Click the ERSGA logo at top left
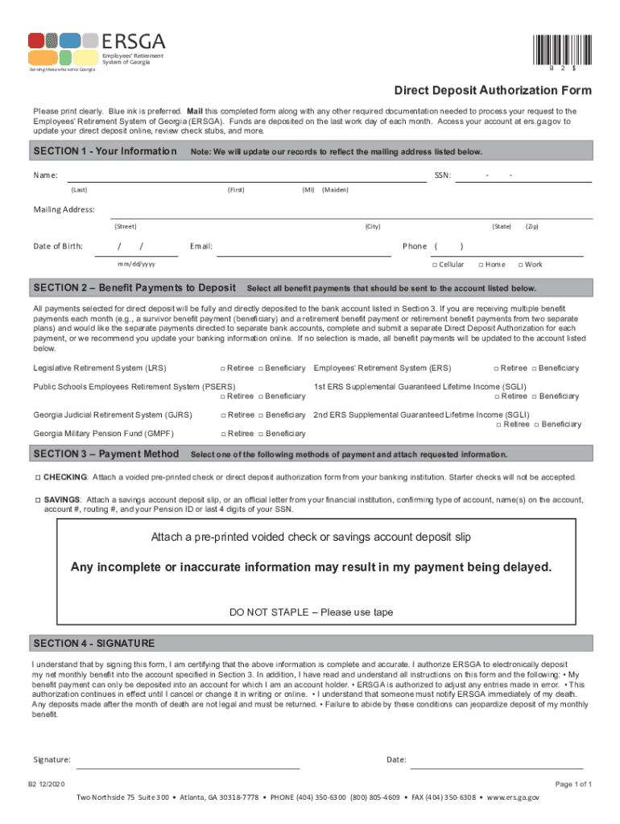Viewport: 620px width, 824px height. [97, 49]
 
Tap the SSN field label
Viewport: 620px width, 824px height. [442, 175]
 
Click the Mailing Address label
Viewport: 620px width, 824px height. [64, 210]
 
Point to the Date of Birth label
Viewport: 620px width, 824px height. [58, 246]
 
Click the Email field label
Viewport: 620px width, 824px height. [200, 246]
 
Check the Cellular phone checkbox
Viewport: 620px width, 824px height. [434, 265]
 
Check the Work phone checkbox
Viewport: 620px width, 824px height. [520, 265]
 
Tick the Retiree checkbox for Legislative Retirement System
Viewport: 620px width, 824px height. [223, 369]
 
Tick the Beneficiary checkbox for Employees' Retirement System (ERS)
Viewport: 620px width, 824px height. [532, 369]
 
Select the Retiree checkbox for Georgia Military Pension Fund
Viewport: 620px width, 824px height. [223, 434]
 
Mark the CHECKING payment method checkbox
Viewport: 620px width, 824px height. [37, 477]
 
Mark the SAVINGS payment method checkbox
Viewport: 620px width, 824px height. [37, 500]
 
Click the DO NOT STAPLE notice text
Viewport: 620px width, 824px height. [311, 612]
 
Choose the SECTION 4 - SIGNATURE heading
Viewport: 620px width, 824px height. [93, 644]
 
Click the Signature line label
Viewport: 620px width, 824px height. [52, 760]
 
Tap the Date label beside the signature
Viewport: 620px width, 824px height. [396, 760]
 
